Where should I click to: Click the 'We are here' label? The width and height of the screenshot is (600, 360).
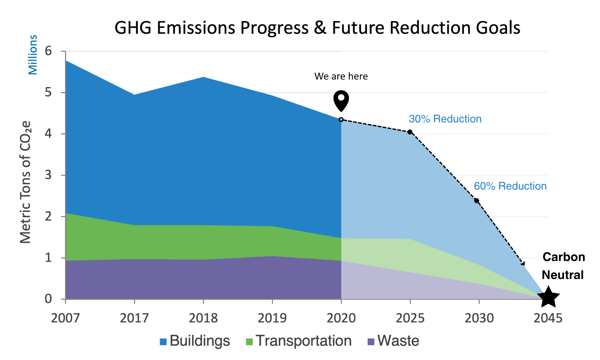pos(341,76)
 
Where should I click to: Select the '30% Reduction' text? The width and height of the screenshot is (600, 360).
pos(445,119)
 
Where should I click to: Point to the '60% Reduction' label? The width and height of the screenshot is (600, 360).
pos(510,186)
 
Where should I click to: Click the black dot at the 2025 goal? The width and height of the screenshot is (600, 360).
pos(410,132)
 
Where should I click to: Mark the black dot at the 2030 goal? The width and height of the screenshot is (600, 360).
pos(477,200)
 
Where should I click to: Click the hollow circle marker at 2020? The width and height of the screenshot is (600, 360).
pos(341,120)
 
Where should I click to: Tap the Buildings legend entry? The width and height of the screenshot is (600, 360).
pos(195,341)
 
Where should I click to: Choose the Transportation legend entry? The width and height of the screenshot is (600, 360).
pos(298,341)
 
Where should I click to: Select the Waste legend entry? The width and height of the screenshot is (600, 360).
pos(393,341)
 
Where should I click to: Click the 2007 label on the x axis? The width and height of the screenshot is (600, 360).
pos(65,318)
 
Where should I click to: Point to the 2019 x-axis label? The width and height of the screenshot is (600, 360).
pos(272,318)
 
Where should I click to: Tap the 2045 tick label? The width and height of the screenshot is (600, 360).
pos(548,318)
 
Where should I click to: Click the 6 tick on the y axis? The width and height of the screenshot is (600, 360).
pos(48,51)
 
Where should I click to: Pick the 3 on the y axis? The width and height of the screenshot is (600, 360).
pos(48,175)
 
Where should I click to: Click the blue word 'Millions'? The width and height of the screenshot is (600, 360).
pos(33,55)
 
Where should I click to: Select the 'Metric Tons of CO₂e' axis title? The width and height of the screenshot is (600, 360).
pos(26,182)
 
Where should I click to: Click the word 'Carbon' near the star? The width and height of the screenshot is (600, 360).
pos(564,257)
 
